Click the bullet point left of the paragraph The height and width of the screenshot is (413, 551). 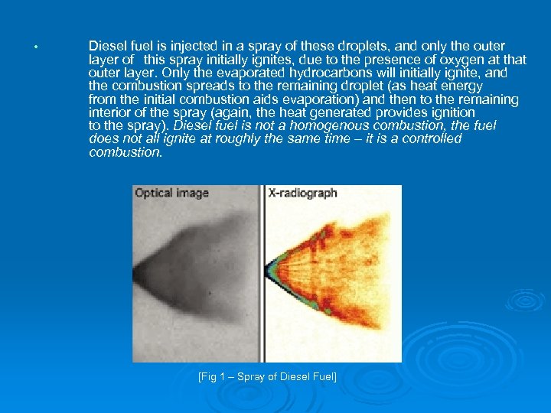(36, 47)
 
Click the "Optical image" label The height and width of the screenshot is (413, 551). (171, 193)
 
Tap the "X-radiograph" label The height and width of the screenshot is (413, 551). (303, 193)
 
